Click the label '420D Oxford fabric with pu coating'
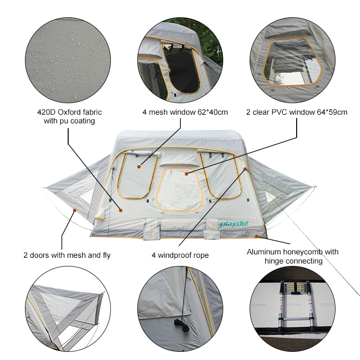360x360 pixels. click(69, 117)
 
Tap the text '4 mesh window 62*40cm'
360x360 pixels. click(185, 112)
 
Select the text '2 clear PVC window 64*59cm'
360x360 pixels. click(297, 112)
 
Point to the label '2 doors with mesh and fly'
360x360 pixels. click(67, 255)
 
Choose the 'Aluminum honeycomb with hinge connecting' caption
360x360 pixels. click(292, 256)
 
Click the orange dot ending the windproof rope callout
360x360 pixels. click(245, 169)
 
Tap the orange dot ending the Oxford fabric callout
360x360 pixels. click(120, 210)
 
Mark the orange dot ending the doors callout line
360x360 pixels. click(74, 210)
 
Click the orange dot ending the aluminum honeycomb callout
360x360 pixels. click(257, 236)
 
